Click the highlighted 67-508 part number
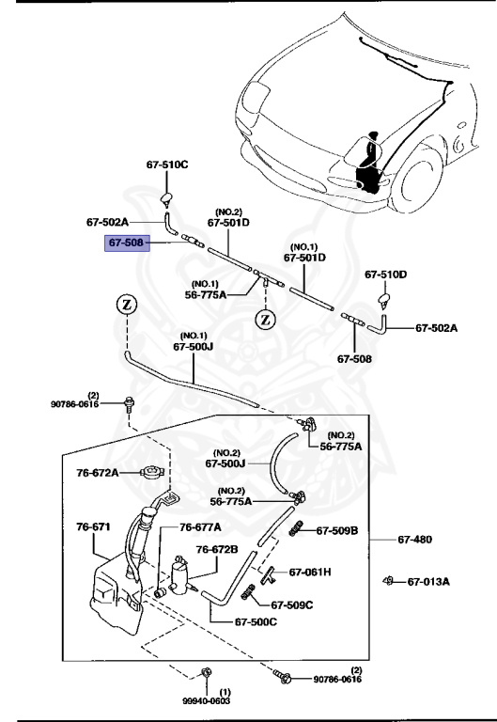pyautogui.click(x=125, y=243)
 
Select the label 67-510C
pyautogui.click(x=166, y=165)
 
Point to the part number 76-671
pyautogui.click(x=94, y=526)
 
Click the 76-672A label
pyautogui.click(x=98, y=472)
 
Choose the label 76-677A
pyautogui.click(x=200, y=527)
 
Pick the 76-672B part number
pyautogui.click(x=217, y=549)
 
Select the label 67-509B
pyautogui.click(x=336, y=530)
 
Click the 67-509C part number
pyautogui.click(x=291, y=605)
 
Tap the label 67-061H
pyautogui.click(x=309, y=572)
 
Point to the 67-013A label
pyautogui.click(x=428, y=581)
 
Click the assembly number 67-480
pyautogui.click(x=414, y=540)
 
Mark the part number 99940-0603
pyautogui.click(x=205, y=700)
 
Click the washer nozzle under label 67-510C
pyautogui.click(x=166, y=196)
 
